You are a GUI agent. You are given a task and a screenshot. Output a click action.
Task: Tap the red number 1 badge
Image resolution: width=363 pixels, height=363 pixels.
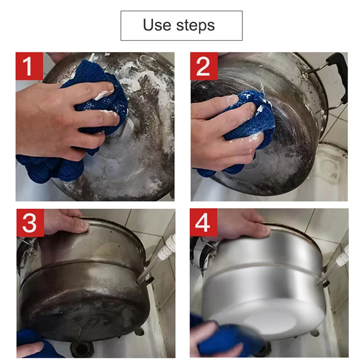coord(29,66)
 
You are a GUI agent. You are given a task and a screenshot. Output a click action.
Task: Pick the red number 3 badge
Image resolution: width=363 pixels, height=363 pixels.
coord(29,223)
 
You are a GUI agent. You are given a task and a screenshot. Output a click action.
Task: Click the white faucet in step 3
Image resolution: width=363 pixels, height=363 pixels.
coord(169,245)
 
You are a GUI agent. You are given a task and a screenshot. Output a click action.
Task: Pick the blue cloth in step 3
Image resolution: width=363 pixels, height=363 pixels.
coord(29,338)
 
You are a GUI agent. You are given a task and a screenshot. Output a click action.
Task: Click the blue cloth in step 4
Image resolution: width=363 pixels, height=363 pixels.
coord(227,340)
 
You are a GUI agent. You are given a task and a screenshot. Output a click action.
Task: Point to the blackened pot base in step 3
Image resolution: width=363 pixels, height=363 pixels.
coord(82,309)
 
